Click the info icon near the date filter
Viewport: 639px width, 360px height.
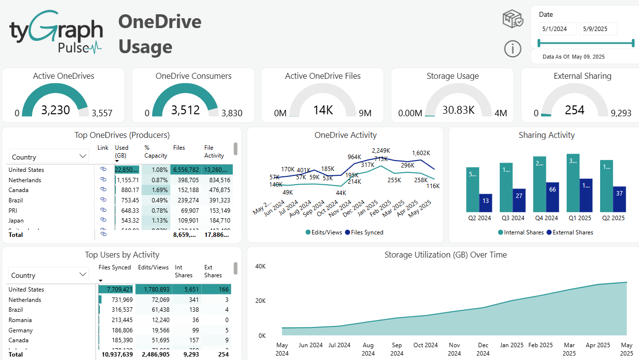[512, 49]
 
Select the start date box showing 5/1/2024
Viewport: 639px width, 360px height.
[557, 29]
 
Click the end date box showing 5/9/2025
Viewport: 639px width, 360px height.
[598, 29]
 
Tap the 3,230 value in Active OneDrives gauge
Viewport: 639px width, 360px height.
[55, 110]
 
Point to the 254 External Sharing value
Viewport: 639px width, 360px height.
[574, 110]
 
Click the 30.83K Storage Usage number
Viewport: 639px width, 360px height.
[458, 110]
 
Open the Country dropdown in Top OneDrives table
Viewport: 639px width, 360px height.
[49, 157]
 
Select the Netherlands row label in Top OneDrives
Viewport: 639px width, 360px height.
[25, 180]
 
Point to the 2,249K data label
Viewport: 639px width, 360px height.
[381, 151]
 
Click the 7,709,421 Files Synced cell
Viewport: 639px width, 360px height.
[116, 290]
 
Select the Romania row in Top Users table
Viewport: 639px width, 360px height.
[21, 320]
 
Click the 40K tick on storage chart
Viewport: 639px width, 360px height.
[260, 266]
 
